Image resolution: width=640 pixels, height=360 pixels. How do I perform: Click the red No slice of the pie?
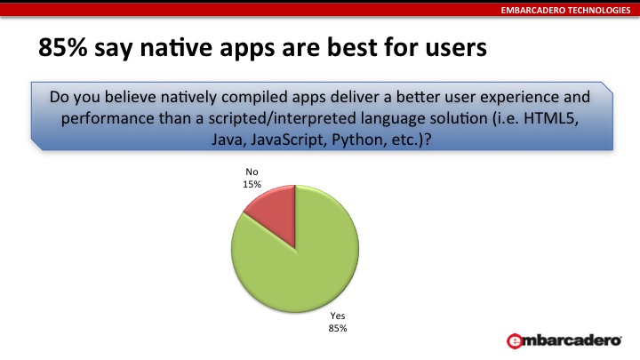pos(276,212)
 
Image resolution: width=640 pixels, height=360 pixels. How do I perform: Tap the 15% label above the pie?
pos(252,185)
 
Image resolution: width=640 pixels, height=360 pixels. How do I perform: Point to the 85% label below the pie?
pos(338,328)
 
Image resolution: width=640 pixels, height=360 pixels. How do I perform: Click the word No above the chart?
pos(252,172)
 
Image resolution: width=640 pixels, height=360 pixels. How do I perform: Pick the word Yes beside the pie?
pos(338,316)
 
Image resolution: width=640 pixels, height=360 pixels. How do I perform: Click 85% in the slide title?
pos(63,47)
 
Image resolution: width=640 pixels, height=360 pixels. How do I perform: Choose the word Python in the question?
pos(356,140)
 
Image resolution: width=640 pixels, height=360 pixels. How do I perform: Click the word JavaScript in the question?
pos(289,140)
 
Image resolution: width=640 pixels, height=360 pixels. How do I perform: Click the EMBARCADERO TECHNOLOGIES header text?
pos(565,10)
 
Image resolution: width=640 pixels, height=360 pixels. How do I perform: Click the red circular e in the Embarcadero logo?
pos(515,341)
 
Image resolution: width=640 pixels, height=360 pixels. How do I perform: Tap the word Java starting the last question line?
pos(228,140)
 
